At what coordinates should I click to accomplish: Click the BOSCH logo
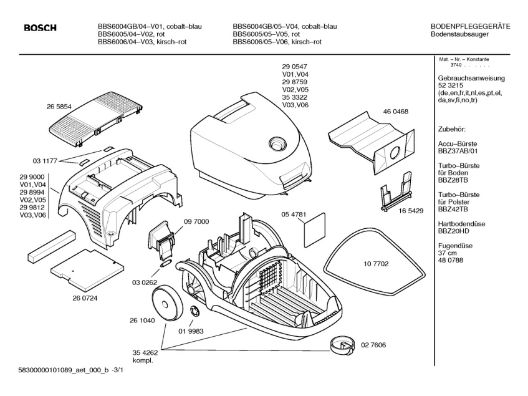coord(40,27)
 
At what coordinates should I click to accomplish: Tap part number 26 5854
coord(59,107)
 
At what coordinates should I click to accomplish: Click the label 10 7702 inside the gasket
coord(376,264)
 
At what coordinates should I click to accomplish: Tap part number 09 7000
coord(196,222)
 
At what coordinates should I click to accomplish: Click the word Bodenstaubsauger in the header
coord(459,35)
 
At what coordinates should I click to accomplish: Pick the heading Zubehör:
coord(453,129)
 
